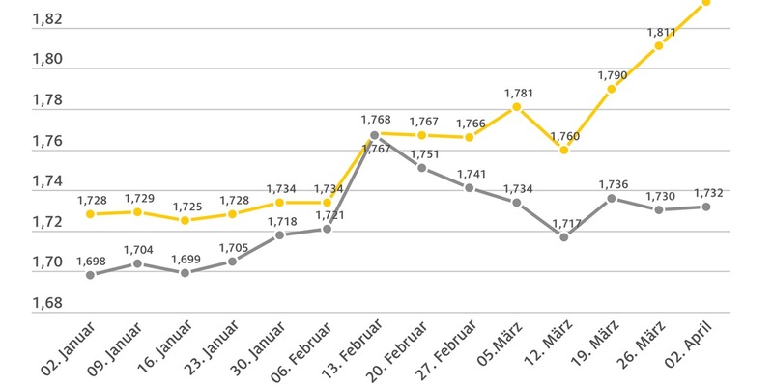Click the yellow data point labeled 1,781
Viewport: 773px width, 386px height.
(x=517, y=107)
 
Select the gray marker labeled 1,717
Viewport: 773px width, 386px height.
(x=564, y=236)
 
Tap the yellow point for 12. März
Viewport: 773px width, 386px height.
(x=564, y=150)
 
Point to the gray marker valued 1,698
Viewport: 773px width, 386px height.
(x=91, y=275)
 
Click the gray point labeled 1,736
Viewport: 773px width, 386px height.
(x=612, y=198)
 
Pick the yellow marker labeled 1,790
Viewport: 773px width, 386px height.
(x=612, y=89)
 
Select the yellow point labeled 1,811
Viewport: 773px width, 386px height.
(x=659, y=45)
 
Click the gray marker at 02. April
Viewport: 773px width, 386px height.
(x=706, y=207)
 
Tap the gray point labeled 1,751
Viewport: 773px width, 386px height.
(x=422, y=168)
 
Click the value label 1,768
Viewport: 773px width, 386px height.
(x=376, y=119)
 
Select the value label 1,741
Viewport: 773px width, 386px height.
(x=470, y=173)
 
